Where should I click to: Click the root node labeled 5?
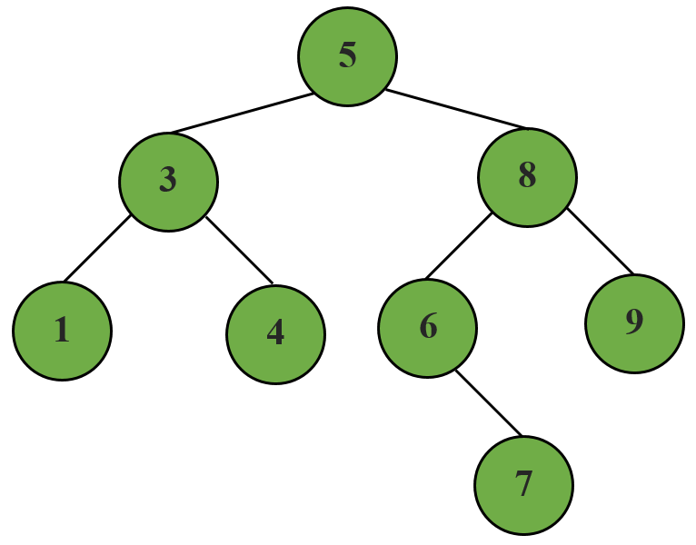(347, 56)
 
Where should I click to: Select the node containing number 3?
(168, 181)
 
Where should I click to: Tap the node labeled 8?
(527, 177)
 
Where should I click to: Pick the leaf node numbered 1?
(62, 331)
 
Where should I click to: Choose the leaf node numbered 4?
(275, 333)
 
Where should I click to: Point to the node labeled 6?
(427, 326)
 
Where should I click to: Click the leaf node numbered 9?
(634, 322)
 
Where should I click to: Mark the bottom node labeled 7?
(523, 485)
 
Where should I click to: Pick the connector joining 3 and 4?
(239, 250)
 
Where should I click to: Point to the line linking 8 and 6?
(459, 246)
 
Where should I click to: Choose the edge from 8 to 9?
(600, 242)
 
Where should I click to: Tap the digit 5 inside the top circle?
(347, 56)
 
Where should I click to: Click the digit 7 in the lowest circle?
(523, 485)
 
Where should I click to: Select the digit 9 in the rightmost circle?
(634, 322)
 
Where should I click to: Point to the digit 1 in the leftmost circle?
(62, 331)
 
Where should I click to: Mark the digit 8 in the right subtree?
(527, 177)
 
